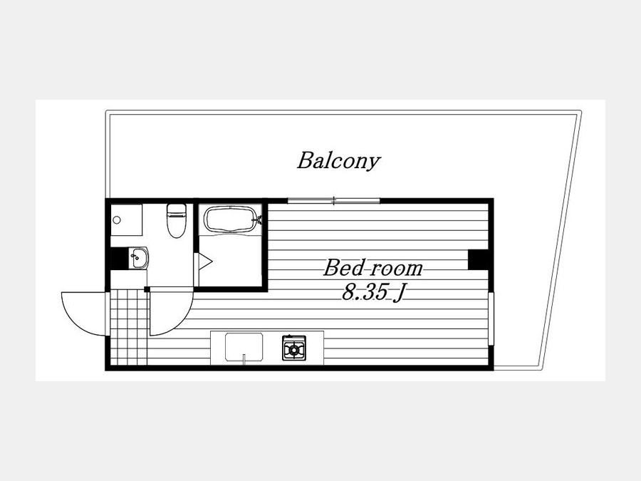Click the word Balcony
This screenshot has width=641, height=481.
[x=338, y=161]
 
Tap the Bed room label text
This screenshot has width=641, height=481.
[x=373, y=269]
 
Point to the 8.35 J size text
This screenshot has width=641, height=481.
[x=372, y=292]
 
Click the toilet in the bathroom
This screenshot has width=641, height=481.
[x=176, y=220]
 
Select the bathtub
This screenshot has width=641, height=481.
[x=230, y=219]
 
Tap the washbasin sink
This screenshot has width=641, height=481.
[x=139, y=258]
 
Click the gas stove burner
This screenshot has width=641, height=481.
[x=294, y=348]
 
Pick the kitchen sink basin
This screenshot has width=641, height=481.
[x=244, y=347]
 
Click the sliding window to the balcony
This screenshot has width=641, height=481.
[x=333, y=200]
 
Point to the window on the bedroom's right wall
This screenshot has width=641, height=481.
[x=491, y=319]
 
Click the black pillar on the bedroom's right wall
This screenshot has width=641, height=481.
[x=478, y=259]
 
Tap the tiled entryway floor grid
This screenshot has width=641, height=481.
[x=129, y=326]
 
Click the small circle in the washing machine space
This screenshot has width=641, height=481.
[x=117, y=220]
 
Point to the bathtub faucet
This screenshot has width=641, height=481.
[x=259, y=220]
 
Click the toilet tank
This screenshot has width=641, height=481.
[x=177, y=210]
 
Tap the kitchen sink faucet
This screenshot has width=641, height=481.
[x=244, y=358]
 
